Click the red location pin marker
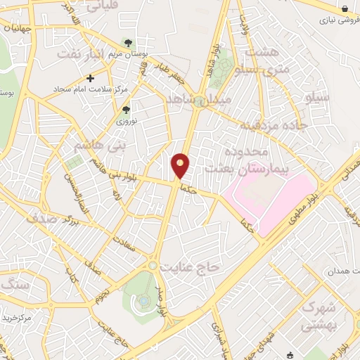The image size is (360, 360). [181, 165]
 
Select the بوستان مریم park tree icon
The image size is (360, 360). [127, 44]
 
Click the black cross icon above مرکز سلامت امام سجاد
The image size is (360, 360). [90, 78]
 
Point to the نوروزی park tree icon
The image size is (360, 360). [127, 110]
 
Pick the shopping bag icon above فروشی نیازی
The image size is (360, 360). [345, 8]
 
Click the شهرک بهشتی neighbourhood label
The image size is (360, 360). [319, 316]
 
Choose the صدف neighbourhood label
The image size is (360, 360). [41, 218]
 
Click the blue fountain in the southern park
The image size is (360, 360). [143, 301]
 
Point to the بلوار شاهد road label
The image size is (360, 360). [212, 67]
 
